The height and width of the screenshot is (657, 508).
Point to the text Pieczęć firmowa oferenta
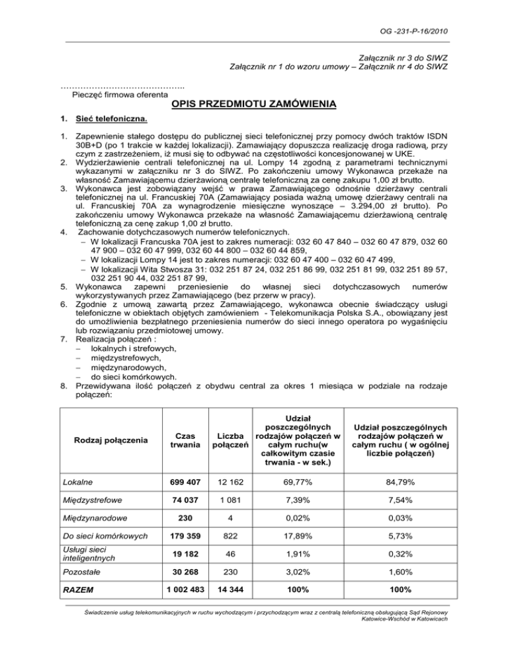(x=110, y=95)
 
